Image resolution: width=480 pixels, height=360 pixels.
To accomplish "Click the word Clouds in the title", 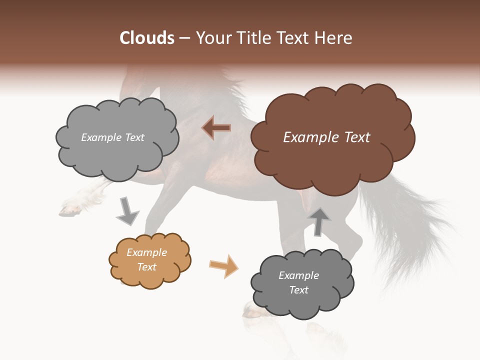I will tap(147, 38).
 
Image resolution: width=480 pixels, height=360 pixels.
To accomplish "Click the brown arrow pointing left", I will tap(216, 128).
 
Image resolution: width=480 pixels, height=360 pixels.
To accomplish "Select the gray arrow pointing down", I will tap(127, 211).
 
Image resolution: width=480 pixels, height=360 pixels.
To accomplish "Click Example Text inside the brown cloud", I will tap(326, 137).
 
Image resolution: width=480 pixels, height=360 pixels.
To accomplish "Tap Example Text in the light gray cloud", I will tap(112, 137).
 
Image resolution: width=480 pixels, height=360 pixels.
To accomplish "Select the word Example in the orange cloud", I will tap(146, 252).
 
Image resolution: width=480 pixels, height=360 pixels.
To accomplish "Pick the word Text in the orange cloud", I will tap(146, 267).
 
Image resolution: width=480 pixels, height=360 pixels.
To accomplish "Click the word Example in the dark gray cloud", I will tap(298, 275).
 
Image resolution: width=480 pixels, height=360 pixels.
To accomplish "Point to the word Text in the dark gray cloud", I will tap(298, 290).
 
